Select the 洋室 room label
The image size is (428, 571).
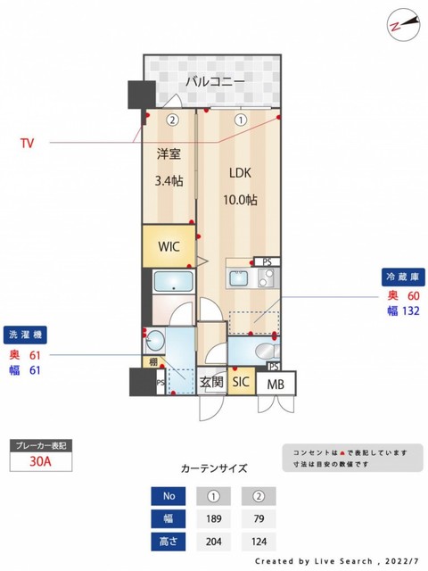pos(169,153)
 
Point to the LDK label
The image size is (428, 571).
pos(241,173)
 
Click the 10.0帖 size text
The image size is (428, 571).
pos(241,201)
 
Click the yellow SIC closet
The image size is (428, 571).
pos(241,382)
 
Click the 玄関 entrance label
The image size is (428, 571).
pos(210,382)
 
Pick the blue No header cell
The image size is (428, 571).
pos(169,495)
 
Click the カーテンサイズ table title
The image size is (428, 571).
pos(214,468)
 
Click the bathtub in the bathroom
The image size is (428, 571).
pos(173,283)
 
